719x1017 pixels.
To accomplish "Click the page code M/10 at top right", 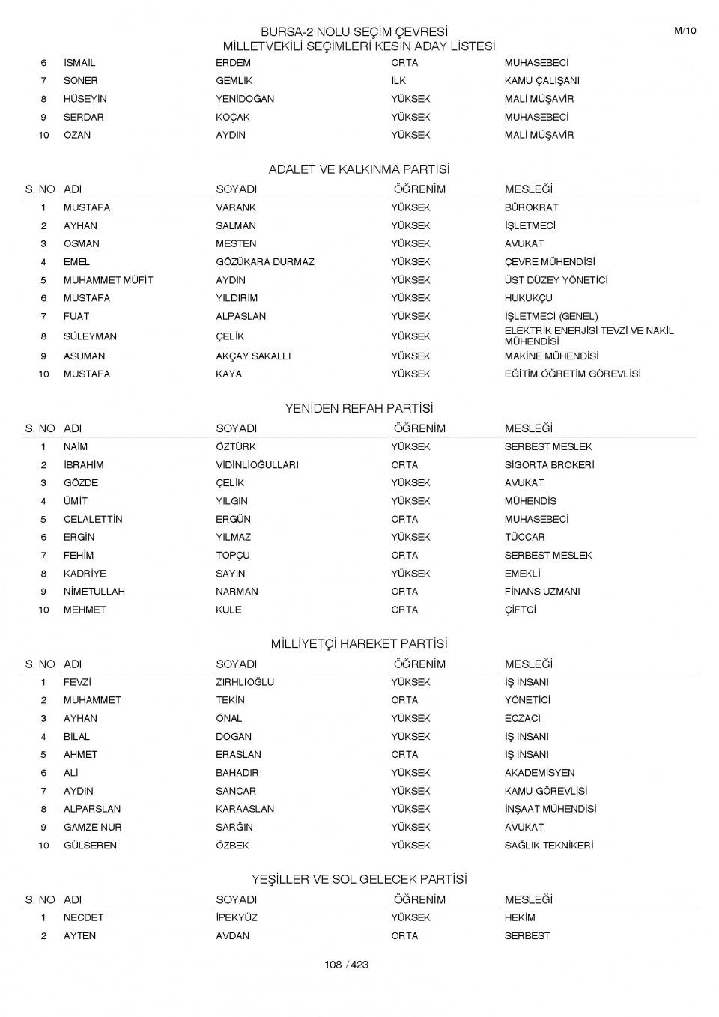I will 685,31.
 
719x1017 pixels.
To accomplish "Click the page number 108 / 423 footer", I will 346,965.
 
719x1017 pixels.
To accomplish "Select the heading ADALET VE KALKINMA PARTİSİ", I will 359,169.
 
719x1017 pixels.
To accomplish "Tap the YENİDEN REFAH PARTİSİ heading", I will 359,409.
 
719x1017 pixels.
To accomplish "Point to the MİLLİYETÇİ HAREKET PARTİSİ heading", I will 359,644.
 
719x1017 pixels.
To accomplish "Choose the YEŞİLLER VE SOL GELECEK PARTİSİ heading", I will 359,879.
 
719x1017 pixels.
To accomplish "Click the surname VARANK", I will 236,207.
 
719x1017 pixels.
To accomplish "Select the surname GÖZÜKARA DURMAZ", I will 265,262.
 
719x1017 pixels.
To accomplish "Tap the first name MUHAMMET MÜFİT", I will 108,280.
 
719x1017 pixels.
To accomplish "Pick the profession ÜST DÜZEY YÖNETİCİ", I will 556,280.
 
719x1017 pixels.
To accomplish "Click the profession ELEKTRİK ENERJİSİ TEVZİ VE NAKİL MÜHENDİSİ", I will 589,336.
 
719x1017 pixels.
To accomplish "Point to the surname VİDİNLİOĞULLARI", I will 257,465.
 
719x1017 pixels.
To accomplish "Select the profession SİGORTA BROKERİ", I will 549,465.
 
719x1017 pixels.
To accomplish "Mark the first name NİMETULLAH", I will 94,592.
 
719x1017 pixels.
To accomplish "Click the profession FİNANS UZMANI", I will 542,592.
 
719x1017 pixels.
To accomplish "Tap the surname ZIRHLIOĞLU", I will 245,682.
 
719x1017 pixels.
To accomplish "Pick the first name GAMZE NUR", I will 92,828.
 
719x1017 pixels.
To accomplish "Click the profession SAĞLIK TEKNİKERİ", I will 548,846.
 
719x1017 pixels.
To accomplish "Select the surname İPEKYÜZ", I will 237,917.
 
